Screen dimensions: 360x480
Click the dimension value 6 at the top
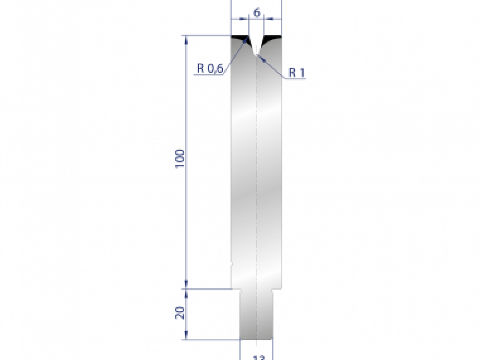[256, 13]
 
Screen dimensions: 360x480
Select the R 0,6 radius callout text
[210, 68]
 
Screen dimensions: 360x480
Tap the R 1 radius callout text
[297, 72]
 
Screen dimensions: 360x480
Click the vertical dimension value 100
[180, 158]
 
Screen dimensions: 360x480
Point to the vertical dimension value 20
[180, 313]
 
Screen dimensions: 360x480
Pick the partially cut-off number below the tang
[256, 357]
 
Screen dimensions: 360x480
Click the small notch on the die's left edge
[232, 264]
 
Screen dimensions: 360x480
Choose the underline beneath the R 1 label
[295, 79]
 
